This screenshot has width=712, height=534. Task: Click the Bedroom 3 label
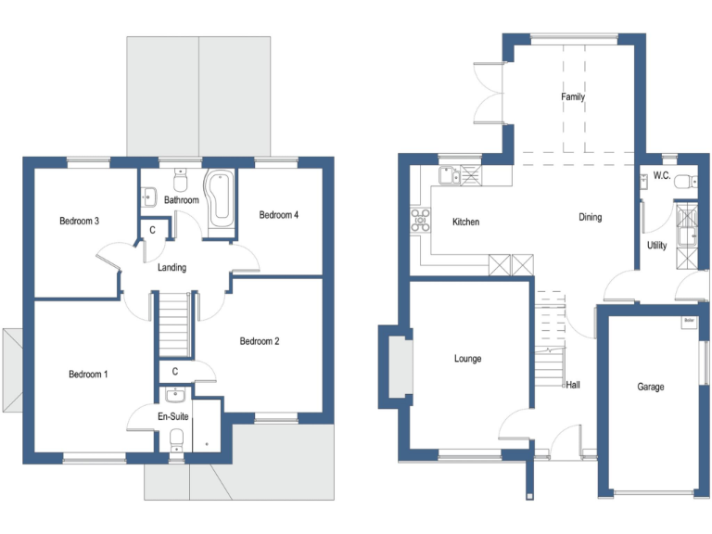coord(79,221)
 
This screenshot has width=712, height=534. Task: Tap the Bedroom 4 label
coord(278,215)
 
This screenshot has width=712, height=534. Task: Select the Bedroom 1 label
coord(88,375)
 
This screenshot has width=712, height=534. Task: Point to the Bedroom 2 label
coord(260,341)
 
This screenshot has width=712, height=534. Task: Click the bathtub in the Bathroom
coord(220,197)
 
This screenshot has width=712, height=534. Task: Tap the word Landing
coord(172,268)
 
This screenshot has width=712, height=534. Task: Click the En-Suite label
coord(173,417)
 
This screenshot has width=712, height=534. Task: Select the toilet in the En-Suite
coord(176,439)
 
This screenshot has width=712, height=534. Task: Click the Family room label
coord(573,97)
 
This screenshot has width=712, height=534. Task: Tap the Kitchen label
coord(465,222)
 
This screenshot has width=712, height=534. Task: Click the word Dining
coord(590,218)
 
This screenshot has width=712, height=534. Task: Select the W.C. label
coord(661,175)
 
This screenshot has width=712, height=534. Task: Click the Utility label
coord(656,246)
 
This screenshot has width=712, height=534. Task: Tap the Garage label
coord(650,387)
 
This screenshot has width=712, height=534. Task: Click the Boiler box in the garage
coord(688,322)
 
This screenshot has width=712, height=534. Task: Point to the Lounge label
coord(468,359)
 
